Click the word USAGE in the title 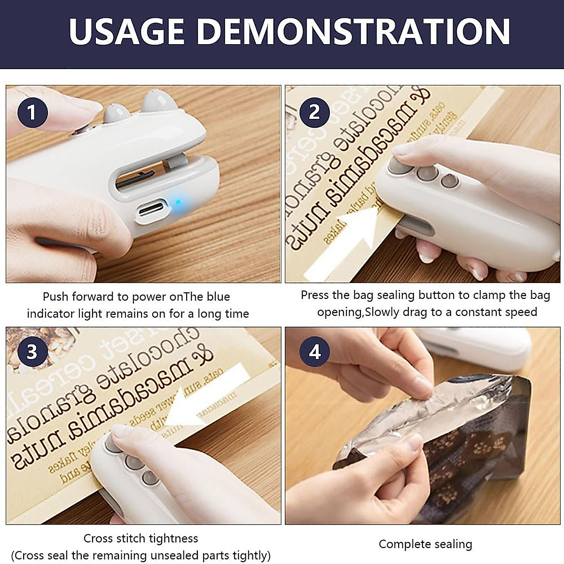[x=127, y=31]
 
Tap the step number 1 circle [x=32, y=113]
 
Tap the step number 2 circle [x=314, y=112]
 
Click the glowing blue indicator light [x=178, y=203]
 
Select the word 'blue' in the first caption [x=217, y=297]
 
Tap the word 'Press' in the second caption [x=314, y=295]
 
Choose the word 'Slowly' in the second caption [x=383, y=312]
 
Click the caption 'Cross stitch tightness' [x=141, y=538]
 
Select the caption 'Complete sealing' [x=425, y=544]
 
